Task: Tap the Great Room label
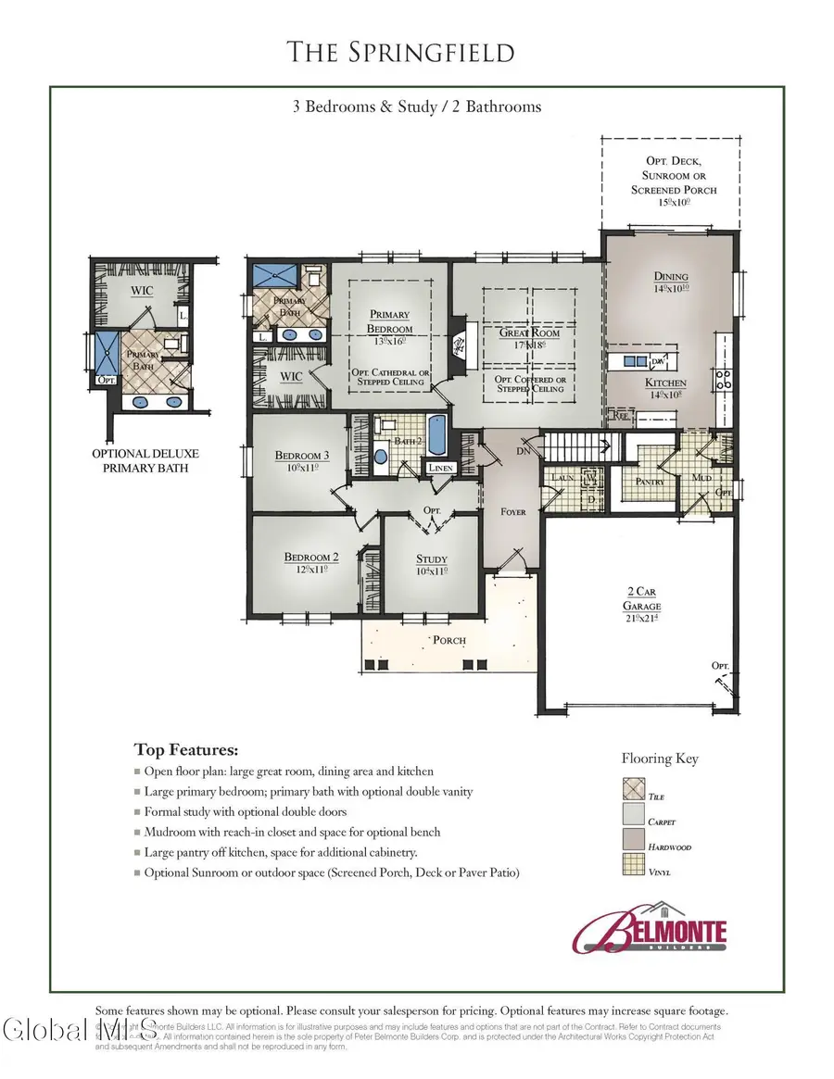pos(529,332)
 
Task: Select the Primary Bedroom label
pos(389,321)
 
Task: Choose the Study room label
pos(431,558)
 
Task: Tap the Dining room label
pos(672,276)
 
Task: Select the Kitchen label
pos(665,383)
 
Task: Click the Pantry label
pos(651,481)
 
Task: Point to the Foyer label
pos(512,511)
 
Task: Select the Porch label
pos(449,640)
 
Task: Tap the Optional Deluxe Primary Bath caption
pos(145,460)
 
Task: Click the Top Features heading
pos(185,749)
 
